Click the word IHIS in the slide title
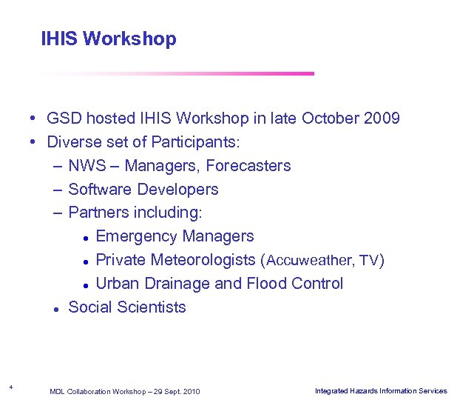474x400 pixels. pyautogui.click(x=60, y=39)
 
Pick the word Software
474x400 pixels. pyautogui.click(x=99, y=190)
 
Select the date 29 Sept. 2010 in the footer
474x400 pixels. pyautogui.click(x=176, y=391)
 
